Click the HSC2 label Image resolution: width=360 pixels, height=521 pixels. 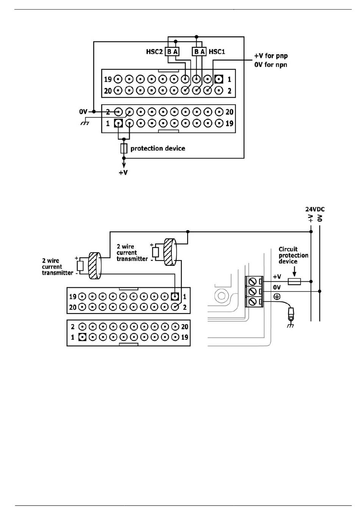pyautogui.click(x=154, y=52)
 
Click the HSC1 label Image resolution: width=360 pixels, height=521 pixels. pyautogui.click(x=217, y=52)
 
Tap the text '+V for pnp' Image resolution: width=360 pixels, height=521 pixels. pyautogui.click(x=271, y=56)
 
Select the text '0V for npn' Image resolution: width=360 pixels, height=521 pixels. pyautogui.click(x=271, y=65)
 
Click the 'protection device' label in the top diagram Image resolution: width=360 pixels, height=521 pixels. pyautogui.click(x=158, y=148)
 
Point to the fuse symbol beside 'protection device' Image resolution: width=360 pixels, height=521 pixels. pyautogui.click(x=124, y=148)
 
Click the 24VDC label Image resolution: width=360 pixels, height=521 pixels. pyautogui.click(x=315, y=209)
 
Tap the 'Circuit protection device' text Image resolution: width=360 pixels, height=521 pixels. pyautogui.click(x=293, y=255)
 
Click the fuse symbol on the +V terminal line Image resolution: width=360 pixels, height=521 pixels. pyautogui.click(x=294, y=281)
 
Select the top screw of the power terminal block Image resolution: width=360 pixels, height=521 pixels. pyautogui.click(x=252, y=281)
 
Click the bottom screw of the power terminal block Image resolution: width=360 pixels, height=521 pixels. pyautogui.click(x=252, y=302)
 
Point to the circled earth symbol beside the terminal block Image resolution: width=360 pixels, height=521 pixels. pyautogui.click(x=277, y=297)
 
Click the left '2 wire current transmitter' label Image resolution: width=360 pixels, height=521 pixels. pyautogui.click(x=57, y=267)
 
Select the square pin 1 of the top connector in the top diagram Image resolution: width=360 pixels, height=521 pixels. pyautogui.click(x=218, y=79)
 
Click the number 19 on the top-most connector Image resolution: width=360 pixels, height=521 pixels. pyautogui.click(x=108, y=79)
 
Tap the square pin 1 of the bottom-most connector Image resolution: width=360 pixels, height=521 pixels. pyautogui.click(x=82, y=337)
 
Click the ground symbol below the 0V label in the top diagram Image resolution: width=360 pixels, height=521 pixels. pyautogui.click(x=85, y=123)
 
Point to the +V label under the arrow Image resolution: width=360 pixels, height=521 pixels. pyautogui.click(x=123, y=173)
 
